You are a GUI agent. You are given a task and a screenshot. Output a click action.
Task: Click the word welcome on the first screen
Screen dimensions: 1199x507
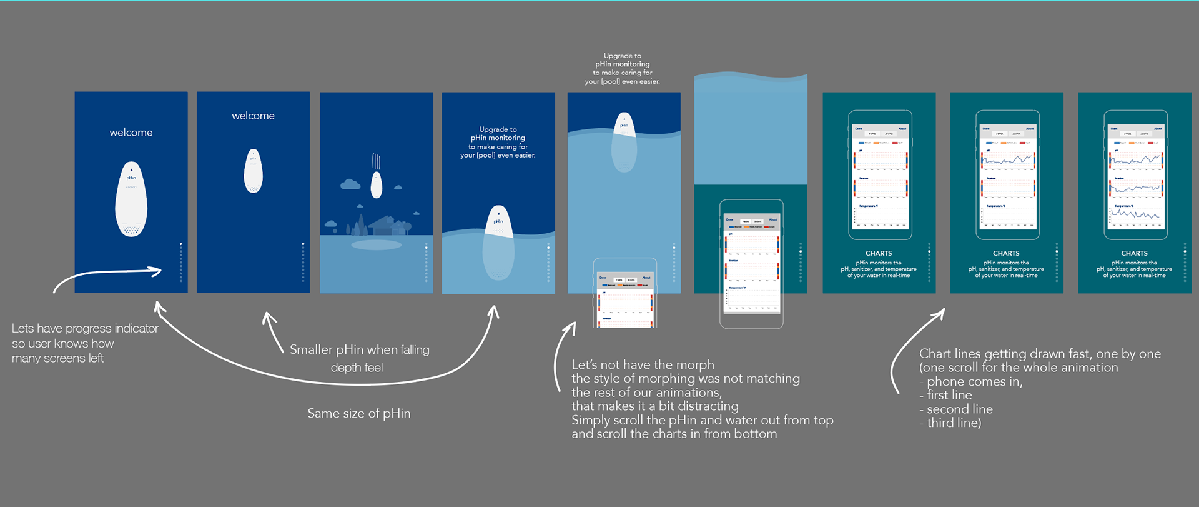131,133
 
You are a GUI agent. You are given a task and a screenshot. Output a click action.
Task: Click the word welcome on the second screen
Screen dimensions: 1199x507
253,116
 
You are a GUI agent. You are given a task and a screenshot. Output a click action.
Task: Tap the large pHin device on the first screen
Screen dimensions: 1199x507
131,199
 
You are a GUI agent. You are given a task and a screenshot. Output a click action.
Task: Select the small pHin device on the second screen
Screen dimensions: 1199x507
253,171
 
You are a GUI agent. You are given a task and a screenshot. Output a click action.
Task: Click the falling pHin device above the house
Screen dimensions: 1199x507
376,184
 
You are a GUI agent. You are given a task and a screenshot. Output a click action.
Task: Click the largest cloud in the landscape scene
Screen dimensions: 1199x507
350,184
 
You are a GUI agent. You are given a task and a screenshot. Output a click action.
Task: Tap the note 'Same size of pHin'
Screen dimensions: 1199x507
358,413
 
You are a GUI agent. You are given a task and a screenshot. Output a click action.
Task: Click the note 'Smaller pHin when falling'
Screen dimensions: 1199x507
359,349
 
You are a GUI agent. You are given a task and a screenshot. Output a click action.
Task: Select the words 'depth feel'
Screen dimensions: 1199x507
357,368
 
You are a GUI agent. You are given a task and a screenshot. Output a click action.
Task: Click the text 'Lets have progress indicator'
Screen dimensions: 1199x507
85,328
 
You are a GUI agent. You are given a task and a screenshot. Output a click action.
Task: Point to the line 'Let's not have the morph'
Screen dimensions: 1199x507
643,364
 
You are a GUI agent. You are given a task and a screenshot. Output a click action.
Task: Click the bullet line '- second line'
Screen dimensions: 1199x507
955,409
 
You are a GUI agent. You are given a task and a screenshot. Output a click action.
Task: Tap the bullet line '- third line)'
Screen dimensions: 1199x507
950,423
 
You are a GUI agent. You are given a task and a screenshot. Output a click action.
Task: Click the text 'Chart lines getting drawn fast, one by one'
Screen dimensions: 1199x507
1040,354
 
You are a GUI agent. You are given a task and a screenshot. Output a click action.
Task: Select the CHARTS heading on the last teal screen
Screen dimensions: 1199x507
1134,253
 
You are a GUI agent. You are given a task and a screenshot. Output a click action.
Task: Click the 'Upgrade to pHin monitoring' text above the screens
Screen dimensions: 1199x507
622,60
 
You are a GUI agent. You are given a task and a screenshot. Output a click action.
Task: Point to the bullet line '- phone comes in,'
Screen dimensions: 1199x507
970,382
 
